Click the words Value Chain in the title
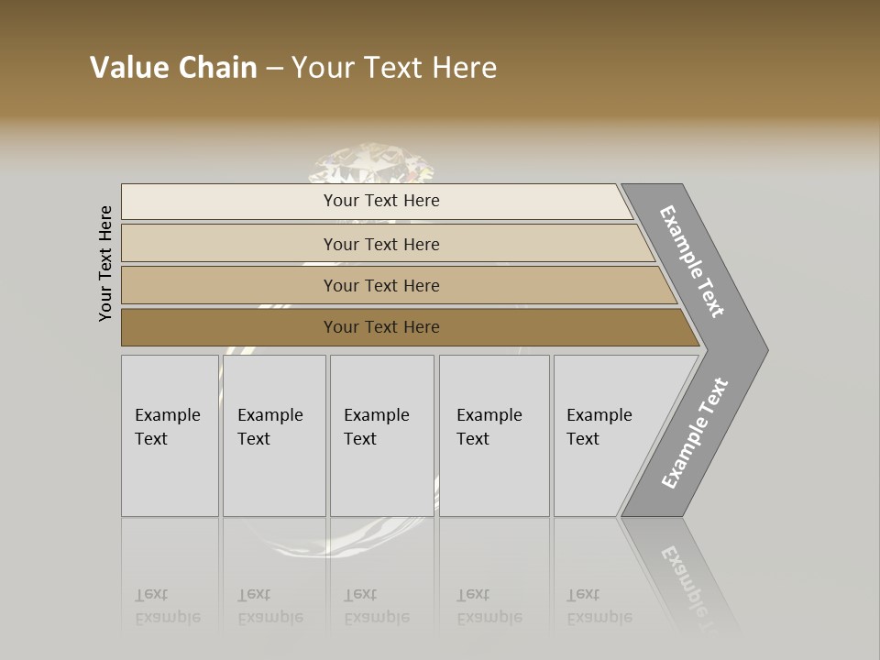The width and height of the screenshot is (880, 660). (173, 68)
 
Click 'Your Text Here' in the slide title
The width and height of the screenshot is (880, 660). (394, 68)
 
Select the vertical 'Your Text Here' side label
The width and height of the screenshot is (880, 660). (105, 263)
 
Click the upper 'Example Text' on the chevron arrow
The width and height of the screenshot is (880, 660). (692, 261)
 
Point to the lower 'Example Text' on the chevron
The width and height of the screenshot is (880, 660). (695, 434)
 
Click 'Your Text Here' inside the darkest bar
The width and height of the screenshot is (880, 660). (381, 327)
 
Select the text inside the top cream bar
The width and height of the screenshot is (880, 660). (381, 201)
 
